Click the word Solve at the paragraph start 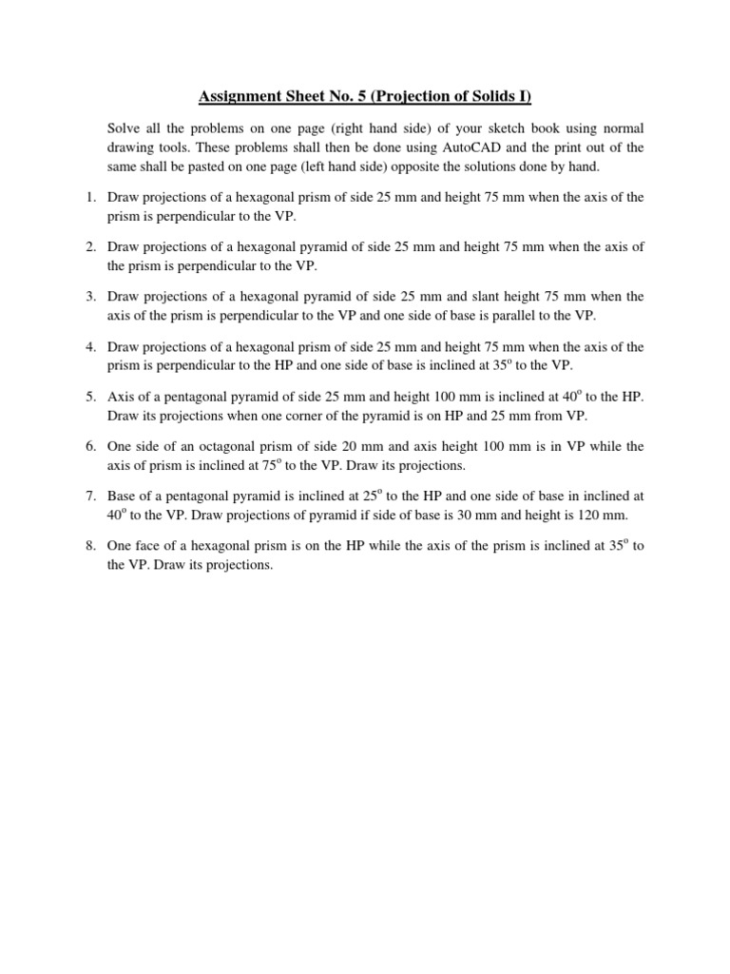point(124,127)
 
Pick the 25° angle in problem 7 point(369,495)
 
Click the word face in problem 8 point(152,545)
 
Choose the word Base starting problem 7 point(124,495)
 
